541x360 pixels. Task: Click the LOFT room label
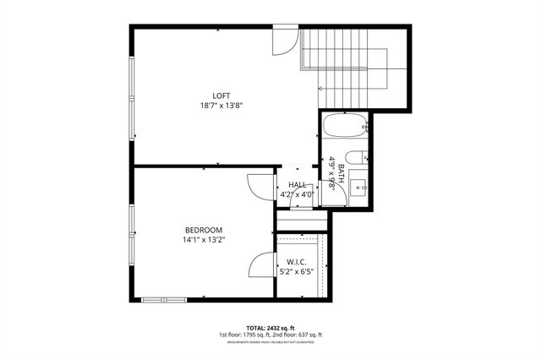(x=221, y=95)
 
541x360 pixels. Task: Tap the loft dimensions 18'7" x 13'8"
(x=221, y=106)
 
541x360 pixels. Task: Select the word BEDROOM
(x=204, y=230)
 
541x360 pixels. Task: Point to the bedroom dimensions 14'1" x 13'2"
(x=204, y=240)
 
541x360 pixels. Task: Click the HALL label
(x=297, y=185)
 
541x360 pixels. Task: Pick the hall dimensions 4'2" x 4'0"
(x=297, y=194)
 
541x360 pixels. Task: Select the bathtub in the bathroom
(x=345, y=129)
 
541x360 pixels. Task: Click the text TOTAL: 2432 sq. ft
(x=270, y=326)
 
